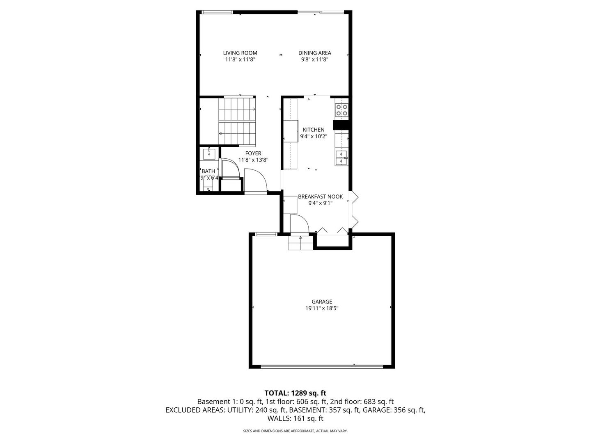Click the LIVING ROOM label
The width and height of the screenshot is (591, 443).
(x=240, y=53)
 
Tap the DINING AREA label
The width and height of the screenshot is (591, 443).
(x=314, y=53)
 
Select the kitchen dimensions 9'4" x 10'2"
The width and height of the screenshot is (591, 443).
(x=314, y=137)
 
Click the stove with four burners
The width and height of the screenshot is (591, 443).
(x=341, y=110)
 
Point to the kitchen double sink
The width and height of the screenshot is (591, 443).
(x=341, y=158)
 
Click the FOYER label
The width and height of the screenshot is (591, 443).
(x=253, y=153)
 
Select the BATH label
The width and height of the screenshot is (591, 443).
(x=208, y=171)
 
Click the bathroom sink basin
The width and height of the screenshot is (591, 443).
(x=209, y=154)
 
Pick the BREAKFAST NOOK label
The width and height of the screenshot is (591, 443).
(x=320, y=196)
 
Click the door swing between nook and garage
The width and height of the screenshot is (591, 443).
(x=299, y=224)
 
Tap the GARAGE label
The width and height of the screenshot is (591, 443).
(x=322, y=301)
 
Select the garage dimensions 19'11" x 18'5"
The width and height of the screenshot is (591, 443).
(x=322, y=308)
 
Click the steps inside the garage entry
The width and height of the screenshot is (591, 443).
(x=300, y=244)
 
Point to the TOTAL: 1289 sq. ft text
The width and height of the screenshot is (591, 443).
(x=295, y=393)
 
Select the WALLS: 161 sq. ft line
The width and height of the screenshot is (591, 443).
(x=295, y=419)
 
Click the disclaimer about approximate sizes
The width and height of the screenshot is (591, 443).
(x=295, y=431)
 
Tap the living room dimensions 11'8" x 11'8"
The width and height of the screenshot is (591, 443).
(x=240, y=59)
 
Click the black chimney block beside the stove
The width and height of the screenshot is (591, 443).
(x=341, y=125)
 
